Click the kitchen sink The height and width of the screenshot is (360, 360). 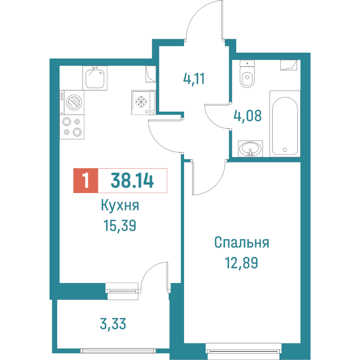(x=94, y=77)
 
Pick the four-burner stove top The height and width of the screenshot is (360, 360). (x=72, y=126)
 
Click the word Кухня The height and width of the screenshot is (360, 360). (x=120, y=207)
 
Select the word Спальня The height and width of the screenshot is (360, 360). (x=241, y=243)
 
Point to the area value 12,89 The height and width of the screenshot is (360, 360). (x=241, y=262)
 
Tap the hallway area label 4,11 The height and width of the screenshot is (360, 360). (x=194, y=79)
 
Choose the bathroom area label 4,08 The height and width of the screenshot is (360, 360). (x=247, y=117)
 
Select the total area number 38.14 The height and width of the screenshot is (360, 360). (x=132, y=181)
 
